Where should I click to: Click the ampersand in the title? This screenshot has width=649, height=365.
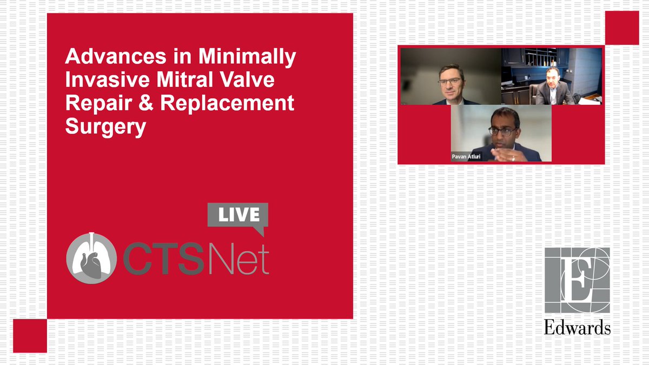point(128,103)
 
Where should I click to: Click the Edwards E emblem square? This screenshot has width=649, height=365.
point(577,280)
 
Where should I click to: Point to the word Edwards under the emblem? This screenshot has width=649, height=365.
point(577,328)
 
